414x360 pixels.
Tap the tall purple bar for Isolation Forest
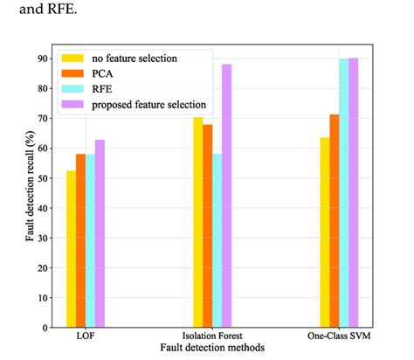(x=226, y=196)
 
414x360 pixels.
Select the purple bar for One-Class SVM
(x=354, y=193)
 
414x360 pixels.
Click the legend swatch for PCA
(x=72, y=73)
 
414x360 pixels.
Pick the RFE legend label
(x=102, y=89)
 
